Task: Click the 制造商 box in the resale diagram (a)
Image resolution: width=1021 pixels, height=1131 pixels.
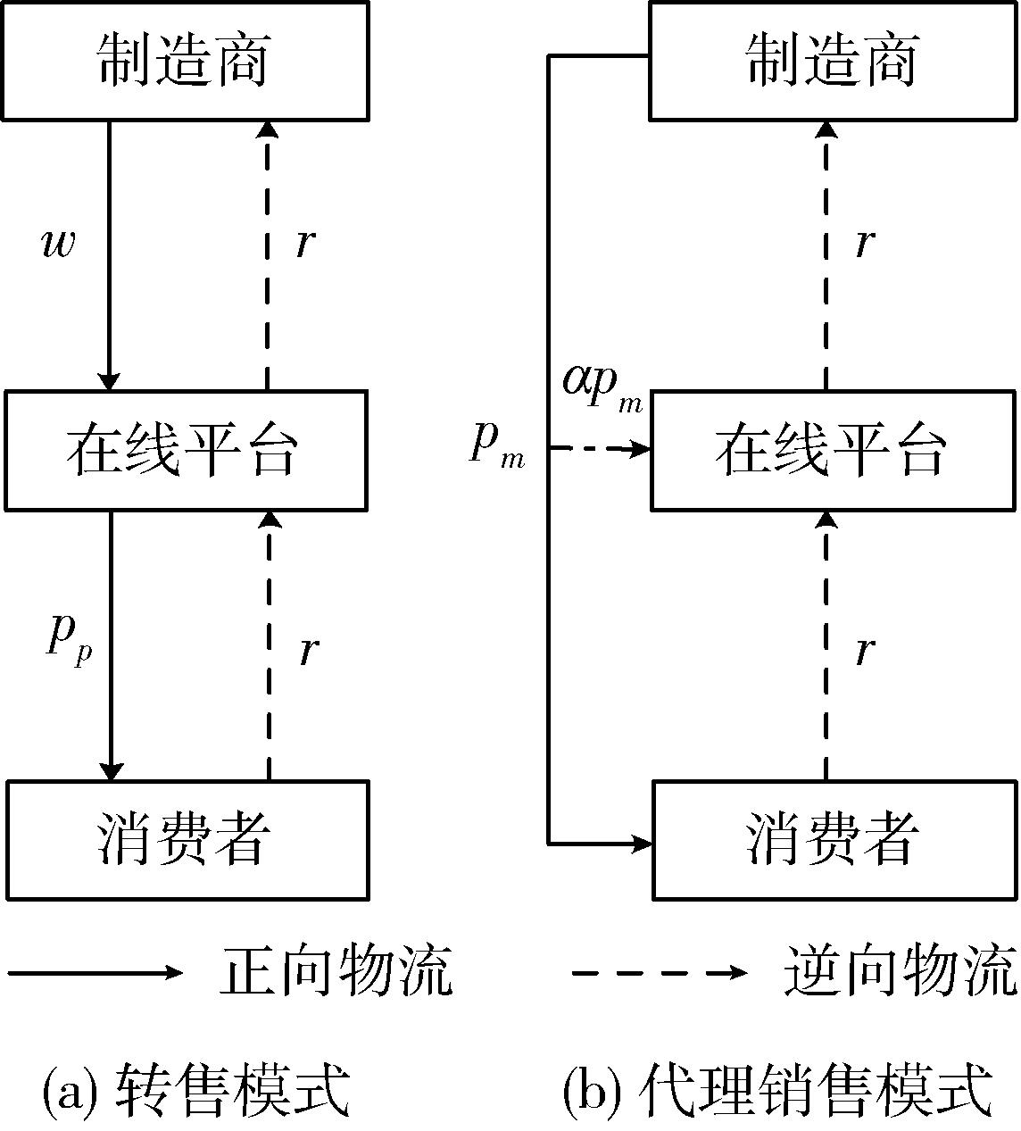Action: tap(185, 61)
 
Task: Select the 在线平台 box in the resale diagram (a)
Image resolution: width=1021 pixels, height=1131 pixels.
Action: tap(185, 450)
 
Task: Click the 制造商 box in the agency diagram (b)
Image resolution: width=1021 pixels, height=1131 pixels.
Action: tap(833, 61)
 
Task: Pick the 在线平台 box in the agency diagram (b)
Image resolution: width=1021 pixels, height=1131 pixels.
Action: tap(833, 450)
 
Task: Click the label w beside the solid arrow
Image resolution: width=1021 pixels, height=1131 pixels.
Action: tap(59, 243)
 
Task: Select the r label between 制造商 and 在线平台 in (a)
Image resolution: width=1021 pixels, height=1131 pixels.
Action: tap(305, 243)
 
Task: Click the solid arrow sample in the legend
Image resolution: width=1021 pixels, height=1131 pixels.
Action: tap(94, 972)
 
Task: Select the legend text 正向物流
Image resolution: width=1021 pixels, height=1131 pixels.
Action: tap(336, 971)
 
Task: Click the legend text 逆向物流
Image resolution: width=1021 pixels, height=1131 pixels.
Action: tap(900, 971)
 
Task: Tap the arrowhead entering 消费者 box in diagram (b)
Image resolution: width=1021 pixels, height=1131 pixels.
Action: tap(642, 842)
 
